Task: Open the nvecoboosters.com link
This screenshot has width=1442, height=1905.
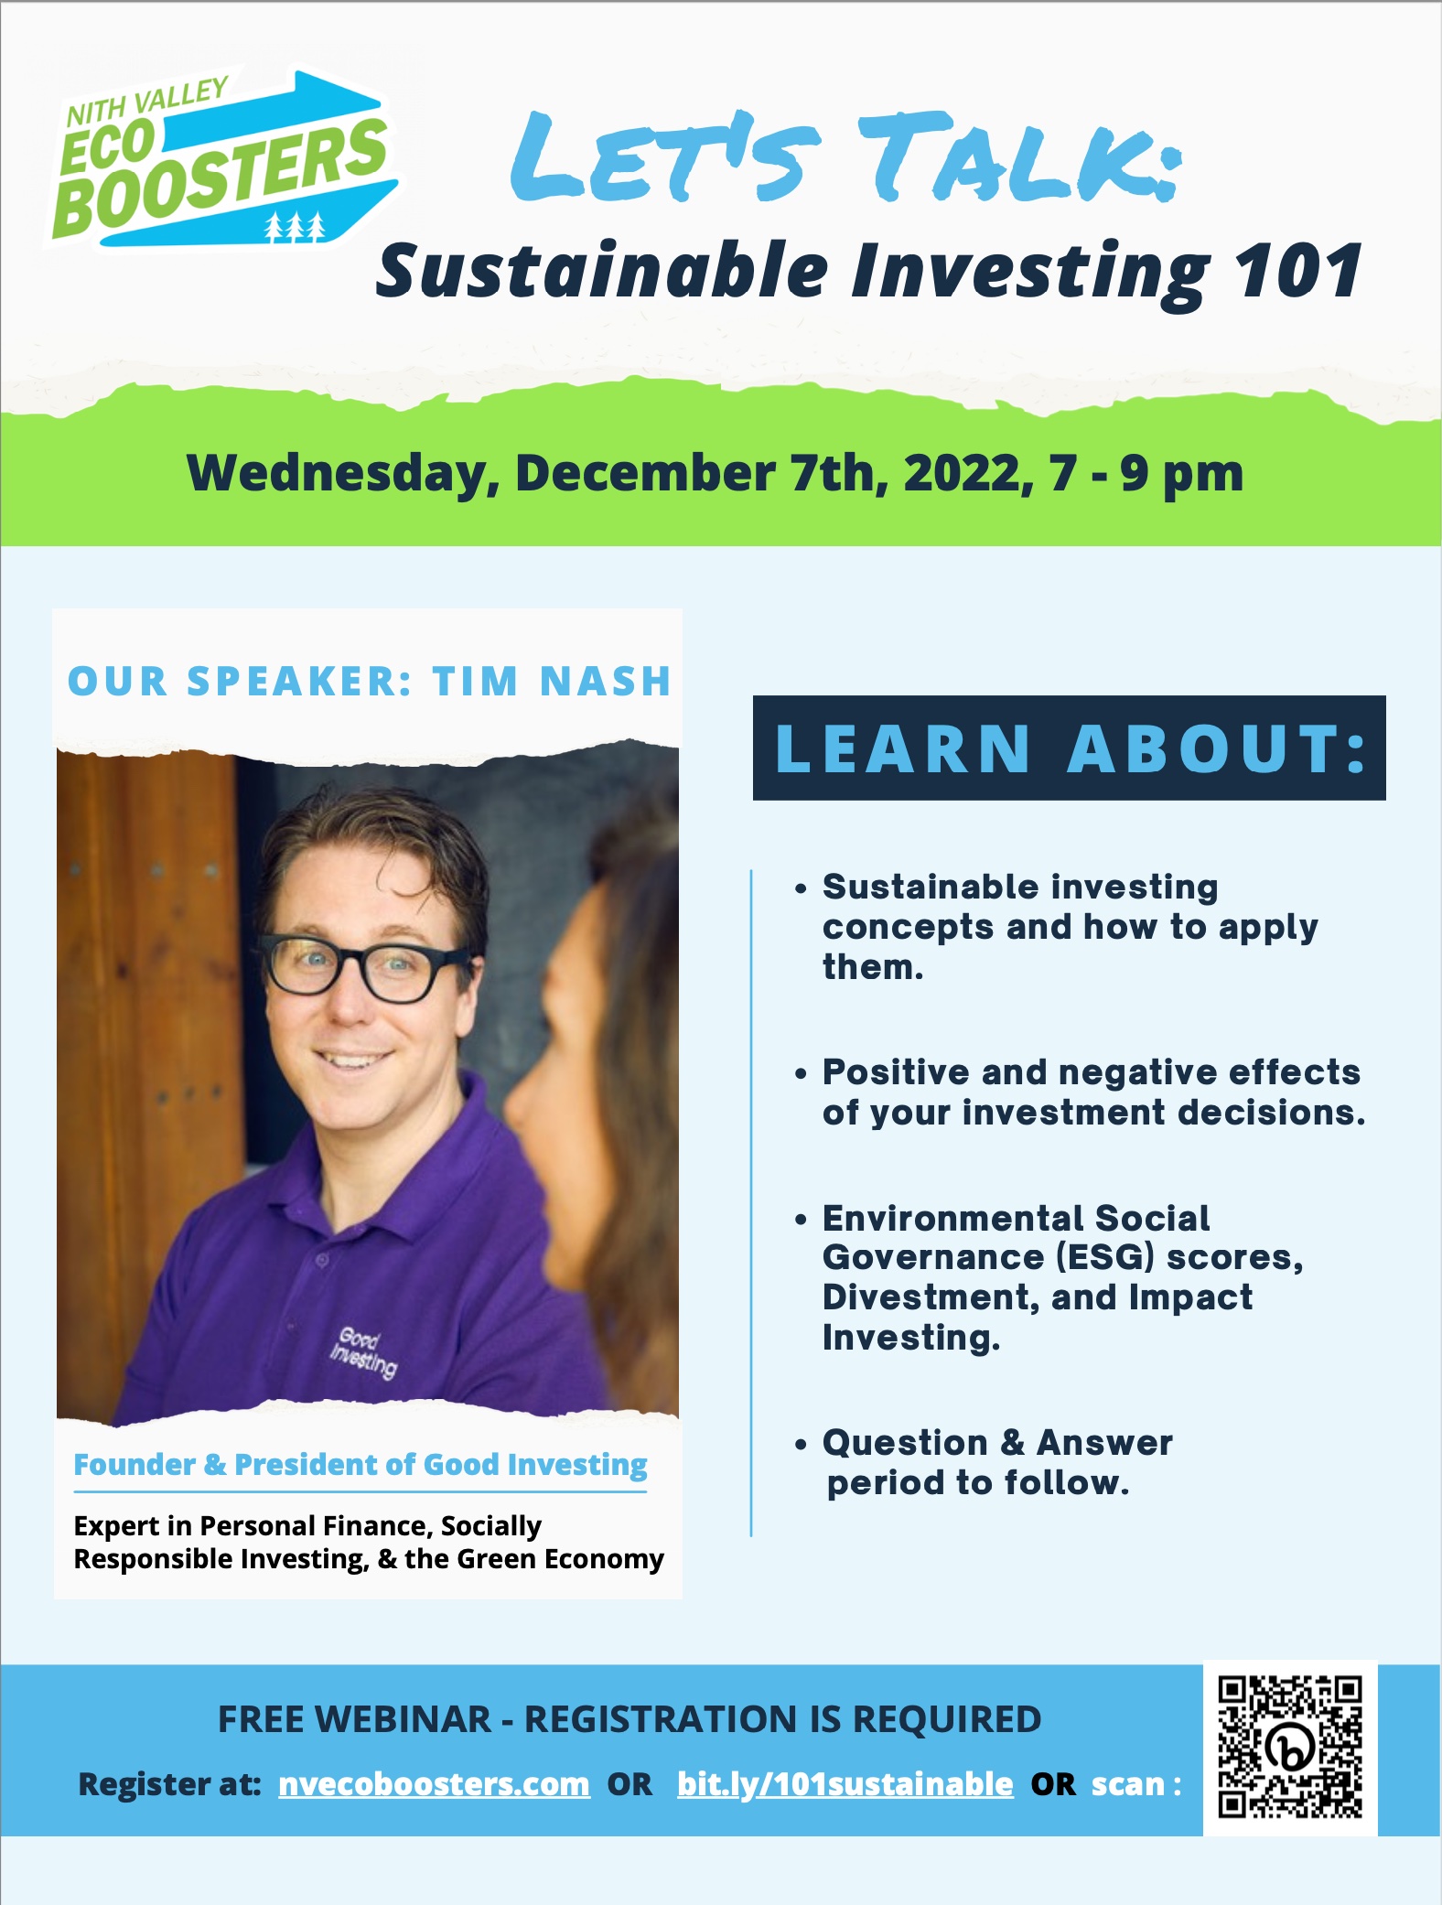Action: tap(434, 1783)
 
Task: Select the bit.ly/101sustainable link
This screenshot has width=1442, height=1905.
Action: tap(845, 1783)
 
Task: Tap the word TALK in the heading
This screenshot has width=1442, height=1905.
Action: tap(1016, 157)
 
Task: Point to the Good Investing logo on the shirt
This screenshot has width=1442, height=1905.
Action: tap(364, 1352)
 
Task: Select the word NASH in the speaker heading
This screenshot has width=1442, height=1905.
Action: tap(606, 682)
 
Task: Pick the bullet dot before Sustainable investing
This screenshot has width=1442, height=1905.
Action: tap(802, 888)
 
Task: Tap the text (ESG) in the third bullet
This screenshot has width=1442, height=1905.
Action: tap(1105, 1257)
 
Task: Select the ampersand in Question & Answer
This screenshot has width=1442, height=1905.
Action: tap(1012, 1443)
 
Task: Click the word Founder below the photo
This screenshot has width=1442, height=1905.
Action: tap(135, 1465)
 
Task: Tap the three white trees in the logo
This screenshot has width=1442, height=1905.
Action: tap(295, 227)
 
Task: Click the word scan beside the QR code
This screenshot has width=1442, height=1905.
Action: tap(1128, 1784)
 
